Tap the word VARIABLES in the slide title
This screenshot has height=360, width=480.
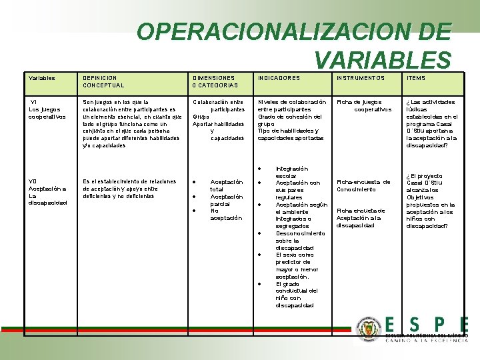[x=383, y=61]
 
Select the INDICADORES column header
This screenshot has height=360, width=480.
[x=279, y=78]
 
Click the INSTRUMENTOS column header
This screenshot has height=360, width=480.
[x=361, y=78]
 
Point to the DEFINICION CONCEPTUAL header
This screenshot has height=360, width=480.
[x=103, y=81]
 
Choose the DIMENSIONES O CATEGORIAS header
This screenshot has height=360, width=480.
[x=215, y=81]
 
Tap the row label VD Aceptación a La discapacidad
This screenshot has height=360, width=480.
[x=47, y=192]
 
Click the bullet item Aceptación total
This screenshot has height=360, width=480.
[x=226, y=185]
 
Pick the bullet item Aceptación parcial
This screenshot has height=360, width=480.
[x=226, y=200]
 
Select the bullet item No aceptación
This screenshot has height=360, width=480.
[x=226, y=214]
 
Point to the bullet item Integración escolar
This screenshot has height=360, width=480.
[x=291, y=172]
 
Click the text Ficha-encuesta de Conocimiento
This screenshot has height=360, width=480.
[x=363, y=185]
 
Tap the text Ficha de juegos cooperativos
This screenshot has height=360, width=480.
[x=365, y=105]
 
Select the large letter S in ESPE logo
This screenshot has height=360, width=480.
[x=414, y=325]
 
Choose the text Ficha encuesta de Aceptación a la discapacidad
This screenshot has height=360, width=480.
[x=360, y=217]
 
